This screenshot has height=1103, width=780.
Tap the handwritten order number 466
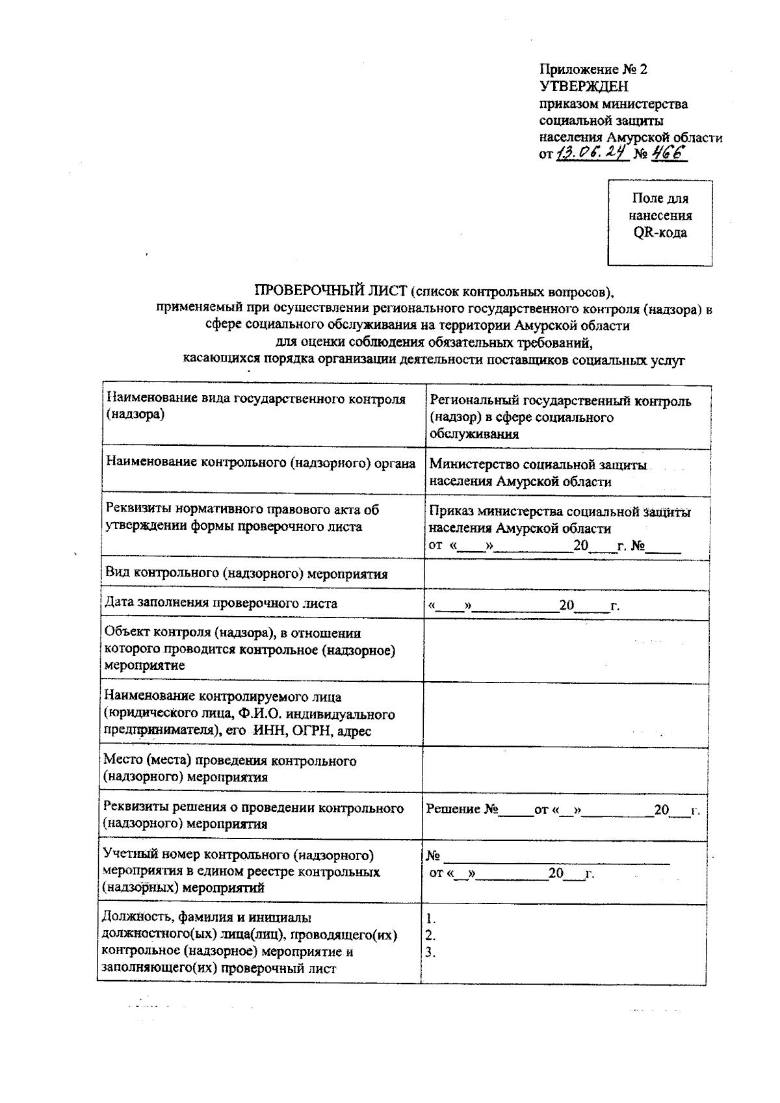tap(669, 154)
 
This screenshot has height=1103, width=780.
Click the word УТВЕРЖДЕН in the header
tap(584, 86)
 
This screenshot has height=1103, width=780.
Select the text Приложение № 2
tap(593, 69)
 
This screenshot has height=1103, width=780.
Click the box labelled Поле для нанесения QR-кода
tap(660, 222)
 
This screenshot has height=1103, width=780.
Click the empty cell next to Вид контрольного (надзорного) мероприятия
tap(564, 574)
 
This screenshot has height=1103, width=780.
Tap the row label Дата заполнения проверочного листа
tap(221, 603)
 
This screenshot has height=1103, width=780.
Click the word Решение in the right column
tap(454, 809)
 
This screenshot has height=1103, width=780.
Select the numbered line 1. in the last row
tap(430, 919)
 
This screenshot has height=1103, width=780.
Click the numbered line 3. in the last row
tap(430, 953)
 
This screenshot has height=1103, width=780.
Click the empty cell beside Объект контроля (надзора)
tap(564, 650)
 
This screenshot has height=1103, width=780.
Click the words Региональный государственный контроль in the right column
tap(560, 401)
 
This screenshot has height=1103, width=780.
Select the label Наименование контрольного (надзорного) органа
tap(260, 463)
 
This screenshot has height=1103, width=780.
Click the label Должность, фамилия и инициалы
tap(207, 918)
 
